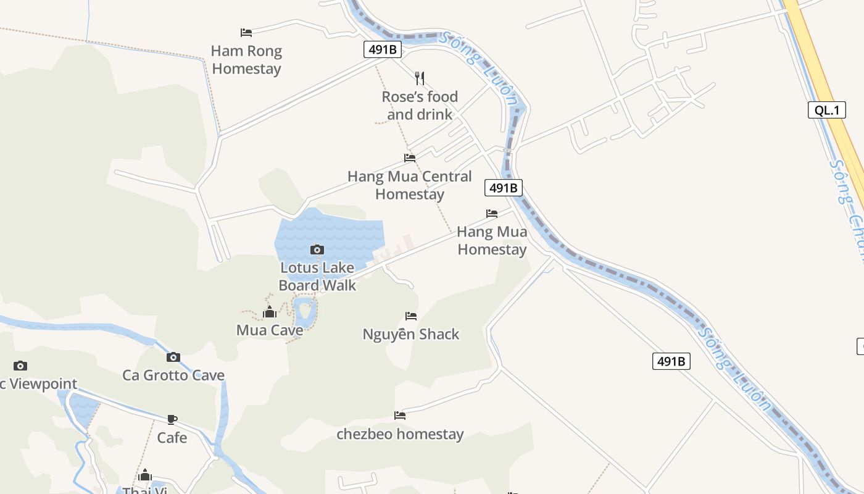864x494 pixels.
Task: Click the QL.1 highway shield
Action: click(826, 111)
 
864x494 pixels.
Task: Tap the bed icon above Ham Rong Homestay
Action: click(246, 33)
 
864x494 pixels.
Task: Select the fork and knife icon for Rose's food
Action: click(420, 78)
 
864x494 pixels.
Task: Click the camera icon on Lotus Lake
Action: click(317, 249)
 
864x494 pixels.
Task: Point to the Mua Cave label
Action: click(270, 330)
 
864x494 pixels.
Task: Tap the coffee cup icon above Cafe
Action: click(172, 420)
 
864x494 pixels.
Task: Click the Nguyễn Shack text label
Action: click(411, 335)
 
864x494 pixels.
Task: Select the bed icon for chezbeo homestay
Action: click(400, 416)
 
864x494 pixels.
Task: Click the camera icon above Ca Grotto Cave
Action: click(173, 357)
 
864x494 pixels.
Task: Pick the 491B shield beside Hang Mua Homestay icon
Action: click(504, 188)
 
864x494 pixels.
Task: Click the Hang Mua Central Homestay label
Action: click(410, 185)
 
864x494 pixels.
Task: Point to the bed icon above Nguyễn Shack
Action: click(411, 316)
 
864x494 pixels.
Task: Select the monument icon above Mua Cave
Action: click(270, 312)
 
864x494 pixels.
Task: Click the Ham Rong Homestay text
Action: click(246, 60)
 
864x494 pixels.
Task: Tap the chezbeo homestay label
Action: click(400, 434)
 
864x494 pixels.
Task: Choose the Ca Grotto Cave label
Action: click(173, 375)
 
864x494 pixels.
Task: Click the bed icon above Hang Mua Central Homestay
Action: click(410, 158)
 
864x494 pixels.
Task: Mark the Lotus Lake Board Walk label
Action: click(317, 277)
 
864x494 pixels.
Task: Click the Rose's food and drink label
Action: click(420, 106)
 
